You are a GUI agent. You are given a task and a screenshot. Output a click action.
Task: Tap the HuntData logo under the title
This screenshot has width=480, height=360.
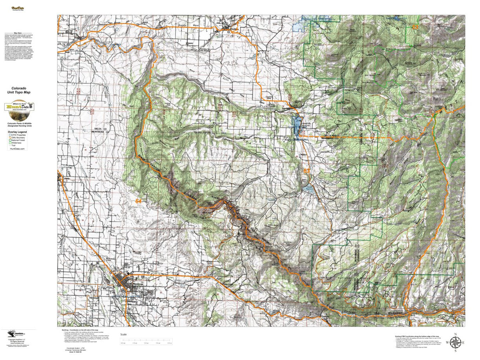(19, 107)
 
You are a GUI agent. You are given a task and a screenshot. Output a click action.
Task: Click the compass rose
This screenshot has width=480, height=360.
(455, 342)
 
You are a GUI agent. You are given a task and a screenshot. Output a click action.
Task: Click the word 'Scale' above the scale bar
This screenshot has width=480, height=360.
(124, 334)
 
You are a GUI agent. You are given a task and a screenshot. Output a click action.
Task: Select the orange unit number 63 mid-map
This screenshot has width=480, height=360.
(306, 171)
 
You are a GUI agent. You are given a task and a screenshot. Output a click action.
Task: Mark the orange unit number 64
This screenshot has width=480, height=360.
(138, 201)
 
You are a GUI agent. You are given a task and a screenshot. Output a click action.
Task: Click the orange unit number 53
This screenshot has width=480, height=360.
(416, 27)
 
